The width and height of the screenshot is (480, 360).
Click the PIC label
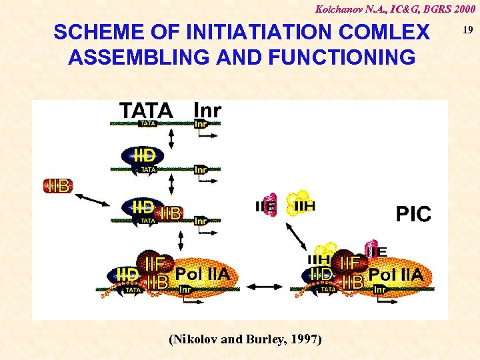(x=413, y=215)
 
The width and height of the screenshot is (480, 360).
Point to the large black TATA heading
(x=146, y=110)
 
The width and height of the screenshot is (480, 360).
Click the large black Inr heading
(x=207, y=110)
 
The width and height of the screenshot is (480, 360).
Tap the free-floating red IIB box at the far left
(x=58, y=186)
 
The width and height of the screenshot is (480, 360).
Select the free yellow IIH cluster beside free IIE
(x=301, y=203)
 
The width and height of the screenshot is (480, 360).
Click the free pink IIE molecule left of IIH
(x=267, y=206)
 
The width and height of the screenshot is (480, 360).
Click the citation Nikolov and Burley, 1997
(x=246, y=339)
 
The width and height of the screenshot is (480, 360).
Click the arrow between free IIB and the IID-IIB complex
(x=93, y=199)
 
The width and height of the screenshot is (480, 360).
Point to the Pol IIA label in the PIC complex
(x=395, y=274)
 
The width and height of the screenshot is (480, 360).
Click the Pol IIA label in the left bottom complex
(x=202, y=274)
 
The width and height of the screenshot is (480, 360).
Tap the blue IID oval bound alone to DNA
(x=143, y=156)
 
